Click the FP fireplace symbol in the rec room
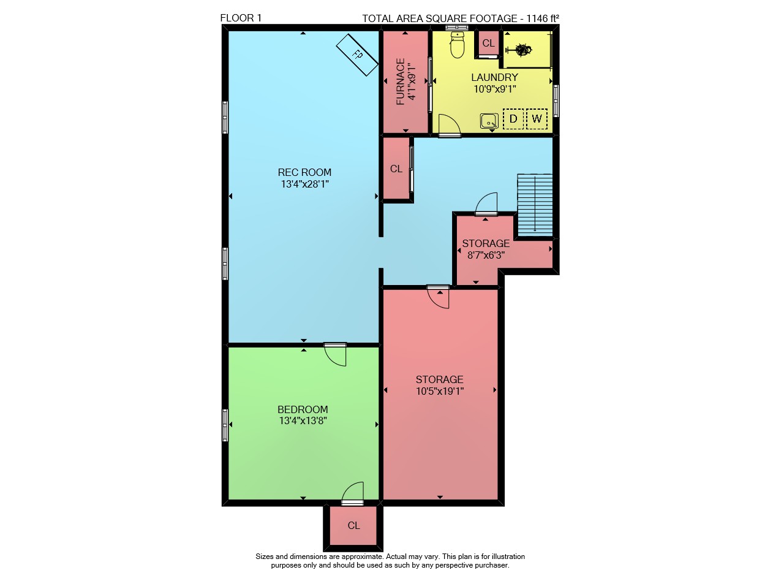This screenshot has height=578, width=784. [x=357, y=55]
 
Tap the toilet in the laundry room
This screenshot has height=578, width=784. [x=457, y=45]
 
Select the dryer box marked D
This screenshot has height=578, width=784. [x=513, y=119]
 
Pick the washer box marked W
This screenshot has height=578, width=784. [x=537, y=119]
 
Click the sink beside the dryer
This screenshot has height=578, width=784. [x=489, y=121]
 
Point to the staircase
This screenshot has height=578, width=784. [x=535, y=205]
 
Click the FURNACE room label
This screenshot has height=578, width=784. [x=401, y=82]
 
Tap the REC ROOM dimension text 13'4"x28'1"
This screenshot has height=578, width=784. [x=304, y=184]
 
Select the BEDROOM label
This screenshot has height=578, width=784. [x=303, y=409]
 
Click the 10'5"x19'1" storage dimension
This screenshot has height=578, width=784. [x=440, y=391]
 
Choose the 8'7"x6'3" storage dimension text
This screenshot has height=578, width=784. [x=486, y=255]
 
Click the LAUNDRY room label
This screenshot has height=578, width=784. [x=494, y=77]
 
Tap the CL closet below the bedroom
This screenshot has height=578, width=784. [x=353, y=525]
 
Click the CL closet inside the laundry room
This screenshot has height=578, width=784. [x=488, y=43]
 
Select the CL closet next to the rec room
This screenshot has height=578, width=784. [x=396, y=169]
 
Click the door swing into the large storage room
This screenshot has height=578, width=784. [x=438, y=297]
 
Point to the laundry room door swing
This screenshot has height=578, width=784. [x=450, y=124]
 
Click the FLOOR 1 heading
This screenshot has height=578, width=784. [x=241, y=18]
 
